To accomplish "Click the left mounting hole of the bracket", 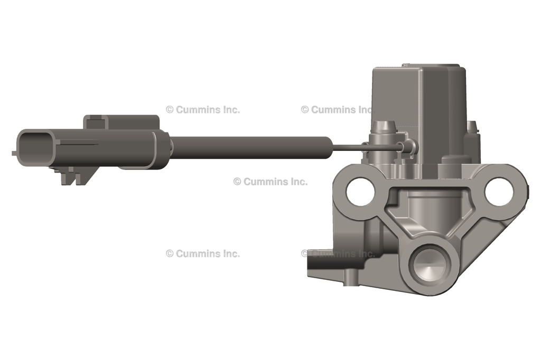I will coord(360,192).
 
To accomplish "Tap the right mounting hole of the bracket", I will coord(499,192).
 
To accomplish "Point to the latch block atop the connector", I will coord(122,122).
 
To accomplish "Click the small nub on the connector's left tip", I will coord(14,153).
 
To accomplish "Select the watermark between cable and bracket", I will coord(270,182).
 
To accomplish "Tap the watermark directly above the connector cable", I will coord(202,110).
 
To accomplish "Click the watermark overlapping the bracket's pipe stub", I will coord(338,253).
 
